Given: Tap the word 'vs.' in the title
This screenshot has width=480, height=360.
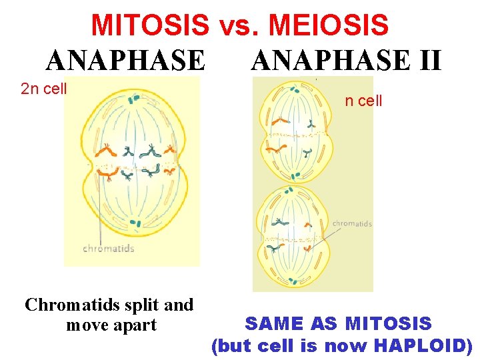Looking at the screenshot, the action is (237, 25).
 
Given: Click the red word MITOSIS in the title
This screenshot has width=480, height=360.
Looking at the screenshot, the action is (150, 25).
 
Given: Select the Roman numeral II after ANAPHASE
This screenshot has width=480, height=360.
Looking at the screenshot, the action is (427, 60).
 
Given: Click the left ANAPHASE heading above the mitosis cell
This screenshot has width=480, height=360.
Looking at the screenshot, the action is (126, 60).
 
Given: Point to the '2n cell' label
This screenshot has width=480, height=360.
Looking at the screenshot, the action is (44, 89).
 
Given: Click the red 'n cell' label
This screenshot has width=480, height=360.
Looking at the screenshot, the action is (363, 101).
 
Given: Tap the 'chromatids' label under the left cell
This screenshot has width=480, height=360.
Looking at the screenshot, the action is (109, 249).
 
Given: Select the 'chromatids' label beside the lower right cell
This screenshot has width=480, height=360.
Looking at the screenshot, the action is (352, 224).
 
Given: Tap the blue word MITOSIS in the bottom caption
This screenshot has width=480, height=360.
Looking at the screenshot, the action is (389, 324).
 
